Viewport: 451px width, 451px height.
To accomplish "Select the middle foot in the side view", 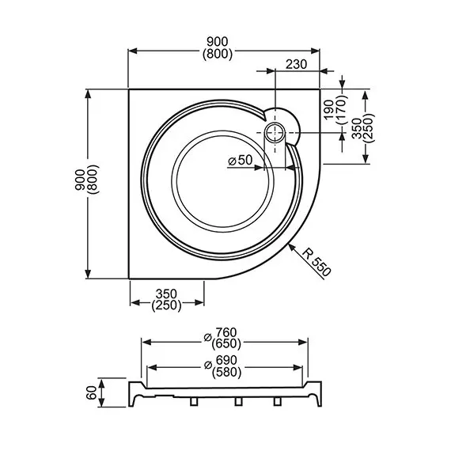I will coord(237,403).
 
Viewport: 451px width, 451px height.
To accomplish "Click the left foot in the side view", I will coord(195,403).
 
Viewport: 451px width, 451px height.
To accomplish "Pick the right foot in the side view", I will coord(278,403).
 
